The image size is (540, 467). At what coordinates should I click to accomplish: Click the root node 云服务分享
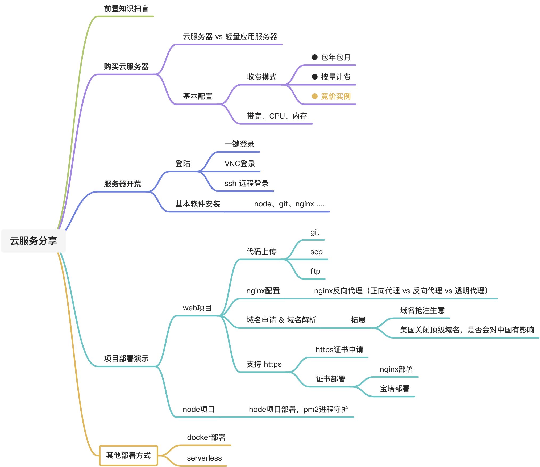[x=34, y=241]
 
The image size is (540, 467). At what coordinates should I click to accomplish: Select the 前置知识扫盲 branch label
[x=126, y=9]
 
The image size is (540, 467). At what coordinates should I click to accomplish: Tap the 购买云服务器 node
[x=126, y=66]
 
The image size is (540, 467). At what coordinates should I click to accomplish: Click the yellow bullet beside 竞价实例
[x=315, y=96]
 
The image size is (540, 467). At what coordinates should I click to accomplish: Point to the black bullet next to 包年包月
[x=315, y=57]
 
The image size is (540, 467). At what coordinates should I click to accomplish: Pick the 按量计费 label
[x=336, y=77]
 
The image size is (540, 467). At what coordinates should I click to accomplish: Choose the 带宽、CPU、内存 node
[x=277, y=116]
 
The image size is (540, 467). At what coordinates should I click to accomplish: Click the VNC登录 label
[x=240, y=164]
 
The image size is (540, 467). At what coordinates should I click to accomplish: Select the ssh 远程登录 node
[x=246, y=183]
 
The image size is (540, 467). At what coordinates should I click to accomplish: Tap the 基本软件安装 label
[x=198, y=204]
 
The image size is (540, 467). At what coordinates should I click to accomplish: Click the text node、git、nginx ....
[x=289, y=204]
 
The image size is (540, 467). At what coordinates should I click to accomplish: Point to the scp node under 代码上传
[x=316, y=252]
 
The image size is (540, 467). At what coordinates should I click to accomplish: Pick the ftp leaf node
[x=315, y=271]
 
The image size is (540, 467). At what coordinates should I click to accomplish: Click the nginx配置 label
[x=263, y=291]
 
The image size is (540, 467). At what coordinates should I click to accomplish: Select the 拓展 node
[x=358, y=320]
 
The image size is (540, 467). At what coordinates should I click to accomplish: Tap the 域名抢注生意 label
[x=422, y=310]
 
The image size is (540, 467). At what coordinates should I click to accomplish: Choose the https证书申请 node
[x=339, y=349]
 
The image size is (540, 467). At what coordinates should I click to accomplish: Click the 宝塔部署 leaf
[x=394, y=389]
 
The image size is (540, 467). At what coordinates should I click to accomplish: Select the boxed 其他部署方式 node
[x=128, y=455]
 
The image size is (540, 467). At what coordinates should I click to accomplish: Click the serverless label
[x=204, y=458]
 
